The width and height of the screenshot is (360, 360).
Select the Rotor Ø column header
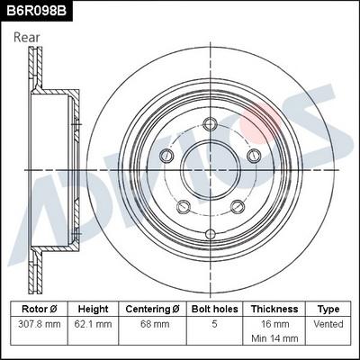[x=39, y=308]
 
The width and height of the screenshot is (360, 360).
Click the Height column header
[x=94, y=308]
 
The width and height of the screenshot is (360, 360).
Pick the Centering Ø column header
[x=152, y=308]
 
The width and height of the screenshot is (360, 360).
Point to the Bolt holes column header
[x=213, y=308]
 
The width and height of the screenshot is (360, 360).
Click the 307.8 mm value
[x=39, y=323]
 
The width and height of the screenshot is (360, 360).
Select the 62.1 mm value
[x=94, y=323]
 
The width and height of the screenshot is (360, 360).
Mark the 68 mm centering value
[x=152, y=323]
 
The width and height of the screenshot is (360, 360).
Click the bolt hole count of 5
[x=213, y=323]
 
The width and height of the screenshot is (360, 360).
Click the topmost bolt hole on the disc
[x=211, y=125]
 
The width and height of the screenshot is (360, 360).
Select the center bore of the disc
[x=211, y=167]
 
